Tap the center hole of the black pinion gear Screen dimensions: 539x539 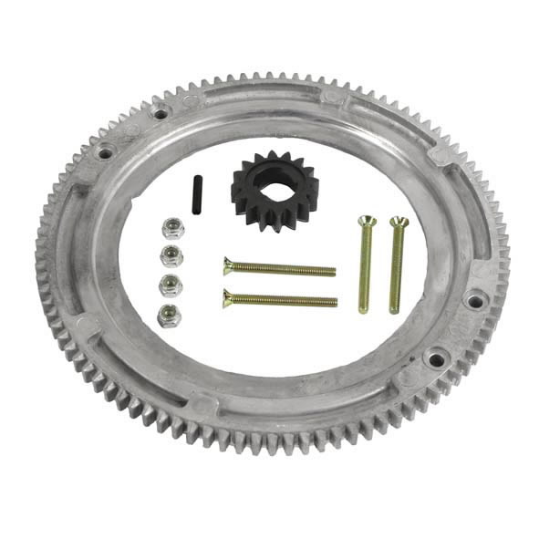click(270, 185)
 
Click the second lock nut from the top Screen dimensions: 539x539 click(171, 254)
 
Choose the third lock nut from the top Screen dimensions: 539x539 click(171, 285)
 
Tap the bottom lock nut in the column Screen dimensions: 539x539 click(169, 316)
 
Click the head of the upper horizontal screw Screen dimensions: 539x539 click(229, 266)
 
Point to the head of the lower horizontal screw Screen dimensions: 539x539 click(229, 296)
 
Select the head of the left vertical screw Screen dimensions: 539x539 click(366, 222)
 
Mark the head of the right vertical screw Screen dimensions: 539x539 click(399, 222)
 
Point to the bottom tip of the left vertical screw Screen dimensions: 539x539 click(363, 310)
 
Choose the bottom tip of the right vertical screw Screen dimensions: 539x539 click(395, 310)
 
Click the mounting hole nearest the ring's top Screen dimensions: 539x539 click(161, 113)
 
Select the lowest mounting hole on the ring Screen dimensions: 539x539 click(437, 358)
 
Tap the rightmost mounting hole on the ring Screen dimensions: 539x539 click(474, 299)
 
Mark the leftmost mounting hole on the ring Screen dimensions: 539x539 click(106, 152)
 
